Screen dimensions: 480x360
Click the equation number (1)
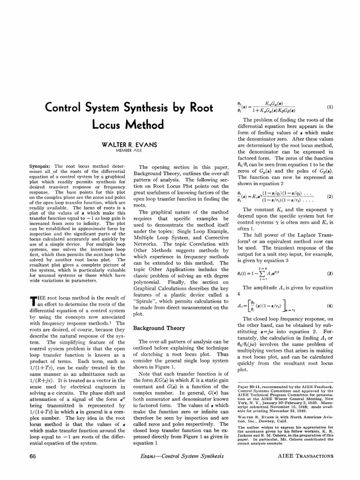[x=330, y=107]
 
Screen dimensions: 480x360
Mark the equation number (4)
[x=330, y=306]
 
